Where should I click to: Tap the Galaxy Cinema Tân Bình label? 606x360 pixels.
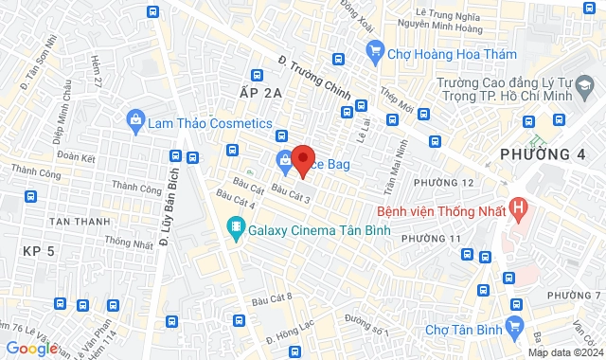[x=301, y=228]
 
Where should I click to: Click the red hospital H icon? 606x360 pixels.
[x=518, y=206]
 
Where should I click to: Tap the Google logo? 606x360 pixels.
[x=31, y=348]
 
